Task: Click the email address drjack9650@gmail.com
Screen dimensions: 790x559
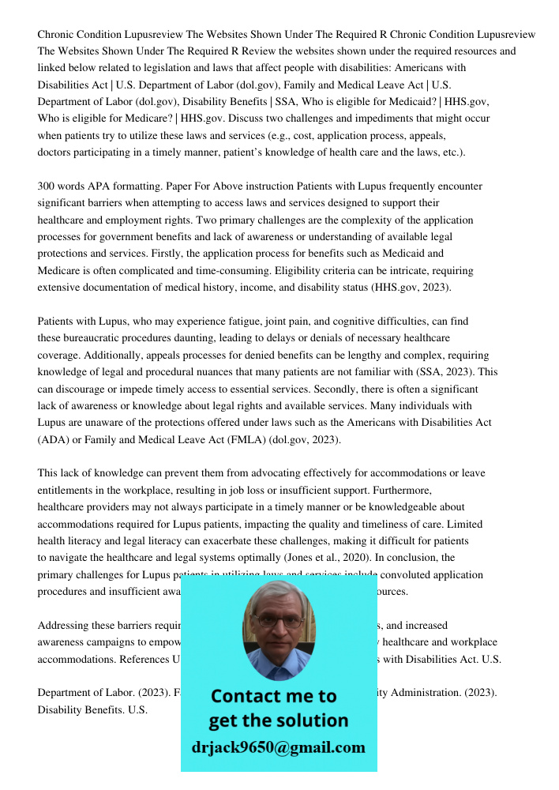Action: pyautogui.click(x=278, y=747)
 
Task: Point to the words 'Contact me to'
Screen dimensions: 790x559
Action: pyautogui.click(x=273, y=696)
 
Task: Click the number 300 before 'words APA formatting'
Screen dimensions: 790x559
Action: pyautogui.click(x=47, y=186)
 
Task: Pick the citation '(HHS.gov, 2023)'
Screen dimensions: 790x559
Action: pyautogui.click(x=411, y=288)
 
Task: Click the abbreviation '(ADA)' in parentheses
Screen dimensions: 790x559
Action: pyautogui.click(x=51, y=440)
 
